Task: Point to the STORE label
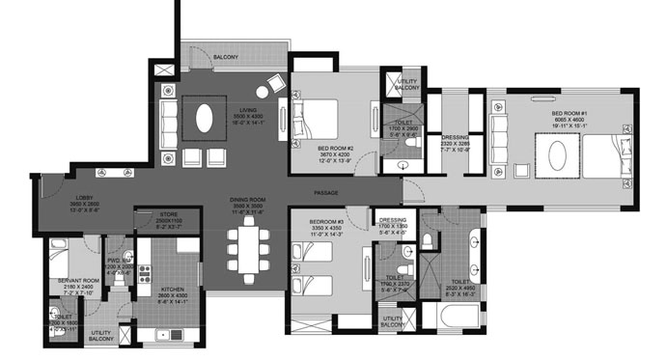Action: pyautogui.click(x=156, y=218)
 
